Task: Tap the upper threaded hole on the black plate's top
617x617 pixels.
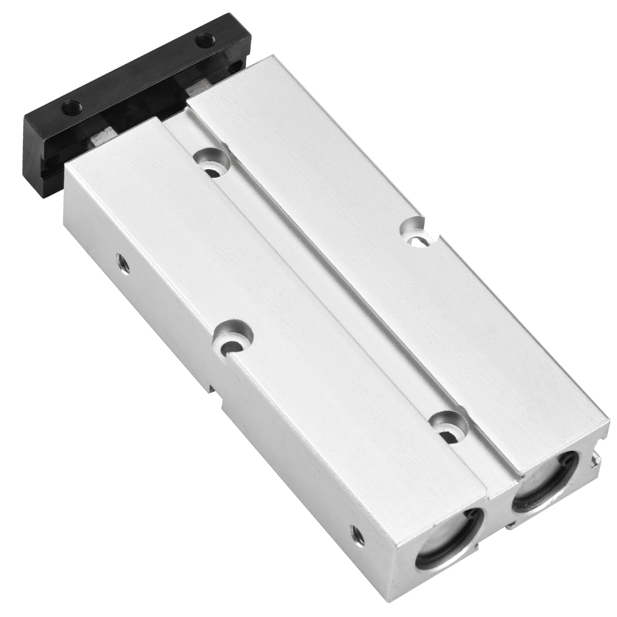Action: pos(202,39)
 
